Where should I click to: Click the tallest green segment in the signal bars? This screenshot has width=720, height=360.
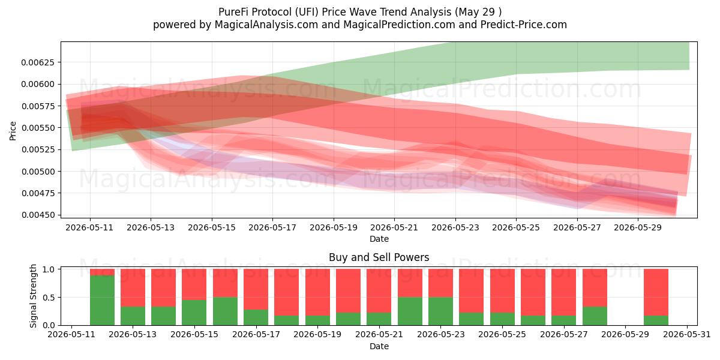pyautogui.click(x=102, y=300)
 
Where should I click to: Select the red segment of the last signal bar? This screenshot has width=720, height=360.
pyautogui.click(x=656, y=292)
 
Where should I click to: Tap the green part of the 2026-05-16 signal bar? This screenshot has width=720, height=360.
pyautogui.click(x=226, y=311)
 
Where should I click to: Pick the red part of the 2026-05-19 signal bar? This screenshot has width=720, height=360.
pyautogui.click(x=317, y=292)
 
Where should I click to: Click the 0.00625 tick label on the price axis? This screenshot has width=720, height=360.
pyautogui.click(x=38, y=62)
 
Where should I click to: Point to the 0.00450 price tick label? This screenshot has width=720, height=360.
pyautogui.click(x=38, y=215)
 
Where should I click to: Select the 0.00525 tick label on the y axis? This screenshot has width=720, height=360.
pyautogui.click(x=38, y=149)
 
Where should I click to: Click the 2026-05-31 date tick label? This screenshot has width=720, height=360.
pyautogui.click(x=687, y=334)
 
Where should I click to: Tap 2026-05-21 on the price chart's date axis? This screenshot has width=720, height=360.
pyautogui.click(x=394, y=227)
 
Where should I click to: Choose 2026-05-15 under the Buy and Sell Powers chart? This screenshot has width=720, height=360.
pyautogui.click(x=194, y=334)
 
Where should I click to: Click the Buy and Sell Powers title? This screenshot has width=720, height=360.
pyautogui.click(x=379, y=257)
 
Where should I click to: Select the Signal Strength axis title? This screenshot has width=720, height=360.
pyautogui.click(x=33, y=296)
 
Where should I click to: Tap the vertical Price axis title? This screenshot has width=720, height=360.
pyautogui.click(x=13, y=131)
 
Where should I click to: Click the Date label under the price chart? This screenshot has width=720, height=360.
pyautogui.click(x=379, y=239)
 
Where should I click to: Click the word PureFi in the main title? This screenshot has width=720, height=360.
pyautogui.click(x=233, y=12)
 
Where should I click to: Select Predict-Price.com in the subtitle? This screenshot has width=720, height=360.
pyautogui.click(x=524, y=25)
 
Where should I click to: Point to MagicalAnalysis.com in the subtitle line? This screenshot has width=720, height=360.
pyautogui.click(x=266, y=25)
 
